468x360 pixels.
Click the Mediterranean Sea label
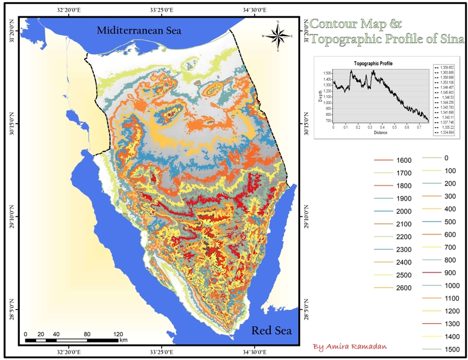click(x=138, y=31)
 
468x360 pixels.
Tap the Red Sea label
click(x=271, y=330)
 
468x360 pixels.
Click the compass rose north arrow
click(x=278, y=36)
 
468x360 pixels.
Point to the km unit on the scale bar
click(x=123, y=340)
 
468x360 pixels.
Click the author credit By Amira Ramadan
click(x=353, y=346)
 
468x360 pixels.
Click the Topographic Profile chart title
click(x=373, y=63)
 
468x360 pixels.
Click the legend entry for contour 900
click(x=450, y=272)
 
